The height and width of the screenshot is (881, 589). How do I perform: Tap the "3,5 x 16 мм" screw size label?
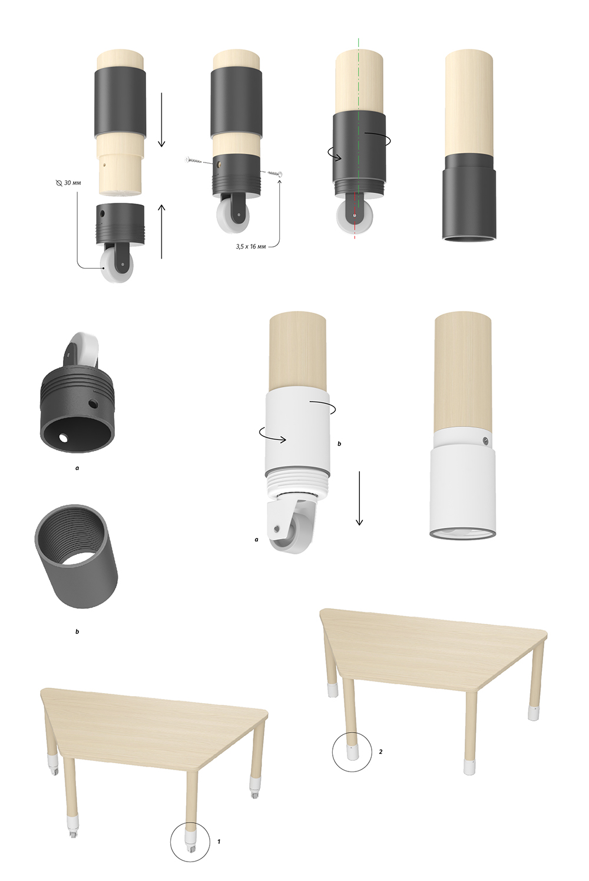tap(251, 247)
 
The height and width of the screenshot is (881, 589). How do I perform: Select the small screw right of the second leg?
tap(276, 173)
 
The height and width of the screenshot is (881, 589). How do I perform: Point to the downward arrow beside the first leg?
tap(161, 120)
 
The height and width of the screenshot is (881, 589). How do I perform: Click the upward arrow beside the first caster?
tap(161, 231)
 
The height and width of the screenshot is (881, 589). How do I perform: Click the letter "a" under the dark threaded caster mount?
tap(77, 468)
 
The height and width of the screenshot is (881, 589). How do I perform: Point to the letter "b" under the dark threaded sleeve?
tap(77, 632)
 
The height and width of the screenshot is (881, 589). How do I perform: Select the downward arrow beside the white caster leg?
tap(359, 499)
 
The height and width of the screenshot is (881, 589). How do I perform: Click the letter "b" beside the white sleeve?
tap(339, 443)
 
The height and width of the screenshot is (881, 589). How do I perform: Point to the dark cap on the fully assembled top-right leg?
tap(468, 197)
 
